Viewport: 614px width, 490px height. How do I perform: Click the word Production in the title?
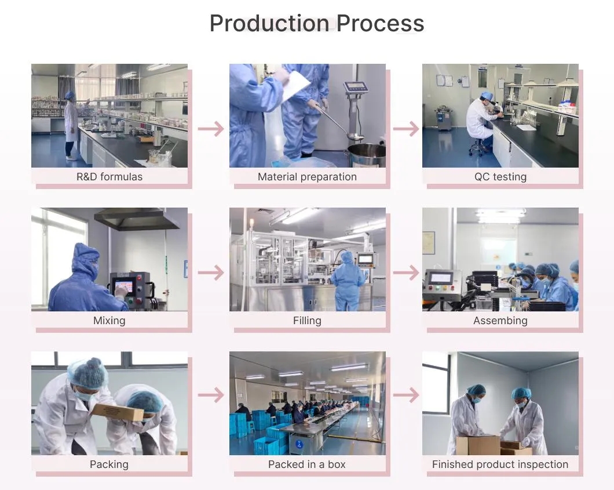point(269,23)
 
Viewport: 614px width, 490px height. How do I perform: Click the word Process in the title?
point(380,23)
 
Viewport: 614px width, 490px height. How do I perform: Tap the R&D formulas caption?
point(109,177)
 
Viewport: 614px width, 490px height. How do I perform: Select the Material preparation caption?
point(307,177)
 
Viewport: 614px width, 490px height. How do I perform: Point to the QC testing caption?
point(500,177)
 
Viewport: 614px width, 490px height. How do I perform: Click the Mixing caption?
point(109,321)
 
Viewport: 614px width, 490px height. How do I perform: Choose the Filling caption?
point(307,321)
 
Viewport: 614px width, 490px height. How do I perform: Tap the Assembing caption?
point(500,321)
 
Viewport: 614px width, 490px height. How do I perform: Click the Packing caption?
point(109,464)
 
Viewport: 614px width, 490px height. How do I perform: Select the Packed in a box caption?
point(307,464)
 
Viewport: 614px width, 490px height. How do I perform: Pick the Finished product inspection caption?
point(500,464)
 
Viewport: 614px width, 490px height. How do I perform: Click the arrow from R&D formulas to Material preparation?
point(211,129)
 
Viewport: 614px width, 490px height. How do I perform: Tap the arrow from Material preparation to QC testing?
point(406,129)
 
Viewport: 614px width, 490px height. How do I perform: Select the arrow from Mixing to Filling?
point(211,273)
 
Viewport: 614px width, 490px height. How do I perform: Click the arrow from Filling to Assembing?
point(406,273)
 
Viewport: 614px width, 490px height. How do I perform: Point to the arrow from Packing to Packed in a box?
point(211,395)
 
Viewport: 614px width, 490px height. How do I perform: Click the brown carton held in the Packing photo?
point(118,412)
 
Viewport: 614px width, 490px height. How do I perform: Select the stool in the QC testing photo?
point(476,147)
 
